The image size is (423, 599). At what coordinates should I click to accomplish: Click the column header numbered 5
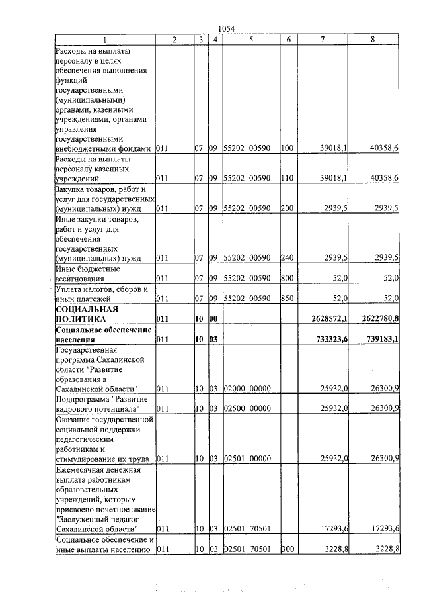tap(251, 40)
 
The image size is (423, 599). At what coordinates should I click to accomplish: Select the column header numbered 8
tap(373, 40)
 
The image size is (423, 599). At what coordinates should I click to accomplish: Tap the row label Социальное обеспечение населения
tap(96, 334)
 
